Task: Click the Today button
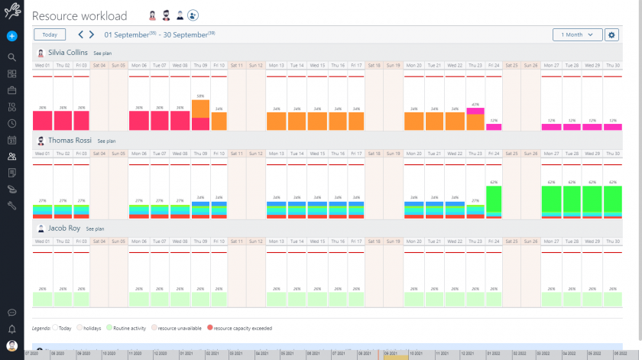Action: pos(50,34)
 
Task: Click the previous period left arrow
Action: pos(81,34)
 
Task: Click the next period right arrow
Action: pos(92,34)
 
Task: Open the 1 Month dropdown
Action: pos(577,34)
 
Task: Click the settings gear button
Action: pos(611,34)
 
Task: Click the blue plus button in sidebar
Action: pos(11,36)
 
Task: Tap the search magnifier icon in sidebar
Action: pos(11,57)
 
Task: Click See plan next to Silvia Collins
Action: pos(102,54)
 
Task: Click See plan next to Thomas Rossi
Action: pos(106,141)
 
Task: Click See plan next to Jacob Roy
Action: pos(95,229)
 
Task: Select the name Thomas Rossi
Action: pos(70,141)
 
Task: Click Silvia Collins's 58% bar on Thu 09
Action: pos(200,115)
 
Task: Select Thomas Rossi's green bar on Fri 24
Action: pos(494,200)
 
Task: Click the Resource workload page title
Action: pos(79,16)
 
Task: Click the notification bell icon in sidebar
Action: pos(11,329)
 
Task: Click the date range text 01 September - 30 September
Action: pos(159,34)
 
